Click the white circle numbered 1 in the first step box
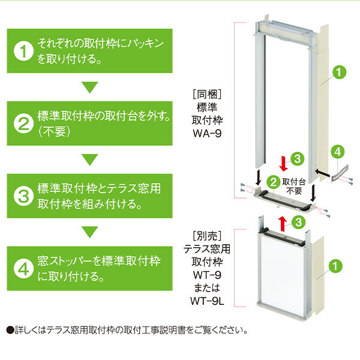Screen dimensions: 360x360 (23, 52)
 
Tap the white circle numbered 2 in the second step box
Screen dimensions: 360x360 (23, 124)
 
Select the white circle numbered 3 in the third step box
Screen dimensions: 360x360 (23, 196)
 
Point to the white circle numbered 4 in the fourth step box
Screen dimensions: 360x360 (23, 268)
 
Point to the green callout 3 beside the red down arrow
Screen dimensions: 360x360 (296, 159)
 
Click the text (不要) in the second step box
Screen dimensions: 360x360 (55, 131)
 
